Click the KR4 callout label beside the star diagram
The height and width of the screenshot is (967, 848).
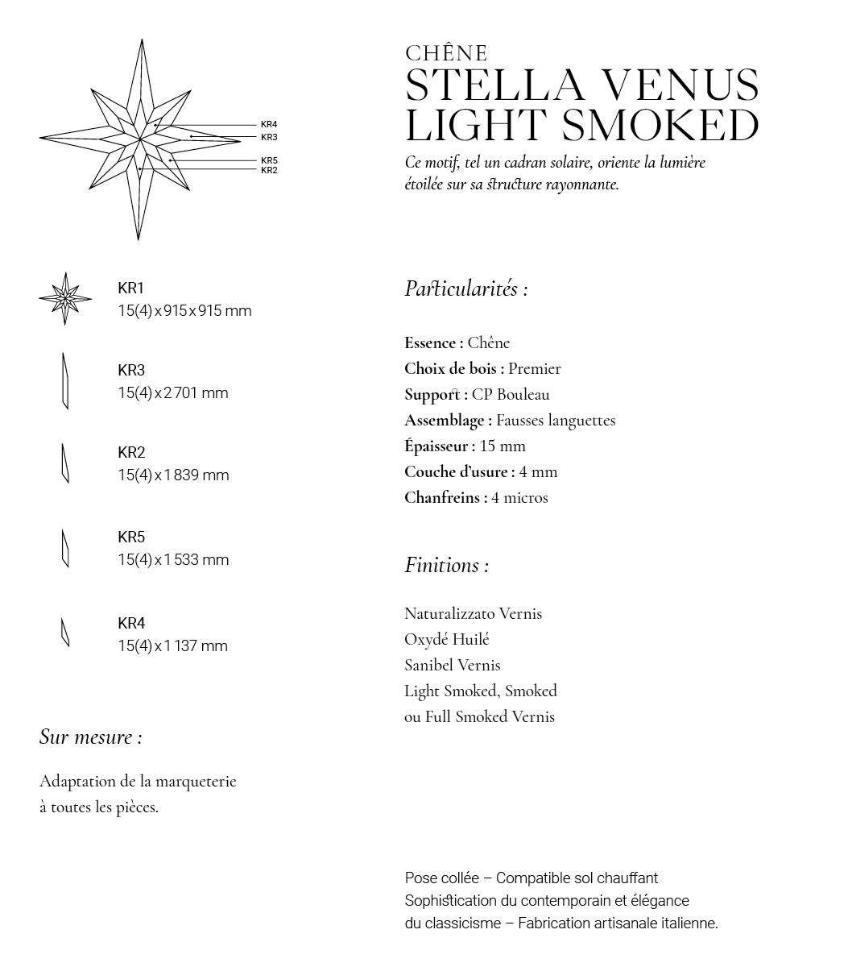coord(269,125)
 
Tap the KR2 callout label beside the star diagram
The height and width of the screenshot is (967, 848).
coord(269,170)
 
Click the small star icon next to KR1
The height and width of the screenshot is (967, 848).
coord(65,298)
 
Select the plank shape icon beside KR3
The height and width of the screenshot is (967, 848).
coord(65,381)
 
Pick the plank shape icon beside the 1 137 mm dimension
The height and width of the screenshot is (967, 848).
coord(65,632)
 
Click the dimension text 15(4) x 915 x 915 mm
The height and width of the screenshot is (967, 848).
coord(184,310)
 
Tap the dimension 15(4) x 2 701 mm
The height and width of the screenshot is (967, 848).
coord(173,392)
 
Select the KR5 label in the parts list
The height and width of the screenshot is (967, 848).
coord(131,537)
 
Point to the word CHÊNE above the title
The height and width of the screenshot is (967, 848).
coord(446,53)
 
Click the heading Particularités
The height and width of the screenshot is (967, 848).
coord(465,288)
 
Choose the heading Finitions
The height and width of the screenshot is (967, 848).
coord(446,565)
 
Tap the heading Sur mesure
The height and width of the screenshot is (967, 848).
coord(90,737)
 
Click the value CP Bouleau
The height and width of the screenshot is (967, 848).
coord(511,394)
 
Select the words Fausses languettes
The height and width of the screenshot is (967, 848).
coord(556,420)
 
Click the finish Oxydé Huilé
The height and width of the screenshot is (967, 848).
coord(446,639)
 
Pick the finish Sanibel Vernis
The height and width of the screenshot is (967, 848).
coord(452,665)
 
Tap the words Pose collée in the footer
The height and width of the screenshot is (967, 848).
coord(441,878)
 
